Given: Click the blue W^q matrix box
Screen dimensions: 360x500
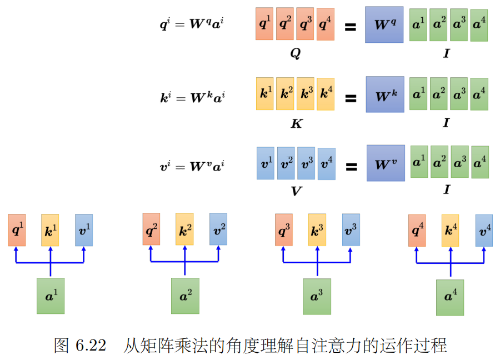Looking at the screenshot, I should coord(384,25).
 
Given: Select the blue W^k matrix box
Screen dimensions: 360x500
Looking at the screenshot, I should coord(385,94).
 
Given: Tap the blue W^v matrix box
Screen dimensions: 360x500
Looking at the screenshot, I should coord(386,163).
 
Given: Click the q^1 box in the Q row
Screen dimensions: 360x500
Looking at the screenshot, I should coord(264,24).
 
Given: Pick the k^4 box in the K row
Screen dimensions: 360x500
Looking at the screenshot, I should coord(326,94).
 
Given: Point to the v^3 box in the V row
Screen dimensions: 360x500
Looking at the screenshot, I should coord(306,163).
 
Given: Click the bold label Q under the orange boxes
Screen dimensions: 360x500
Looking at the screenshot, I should coord(296,54).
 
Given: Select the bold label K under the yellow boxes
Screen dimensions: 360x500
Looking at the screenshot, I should coord(296,124).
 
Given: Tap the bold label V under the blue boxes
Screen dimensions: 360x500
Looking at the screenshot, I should coord(296,192).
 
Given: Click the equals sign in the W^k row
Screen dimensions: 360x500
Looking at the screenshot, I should coord(351,98).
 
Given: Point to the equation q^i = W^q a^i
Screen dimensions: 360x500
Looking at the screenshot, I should coord(192,24).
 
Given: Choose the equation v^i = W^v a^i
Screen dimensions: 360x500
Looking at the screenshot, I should coord(192,165).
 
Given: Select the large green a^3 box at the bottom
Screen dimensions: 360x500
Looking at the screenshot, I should coord(317,296).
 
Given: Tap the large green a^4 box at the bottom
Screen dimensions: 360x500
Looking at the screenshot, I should coord(450,297).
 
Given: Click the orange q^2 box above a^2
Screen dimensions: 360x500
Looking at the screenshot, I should coord(151,229).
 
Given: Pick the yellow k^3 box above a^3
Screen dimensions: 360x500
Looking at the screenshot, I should coord(317,229).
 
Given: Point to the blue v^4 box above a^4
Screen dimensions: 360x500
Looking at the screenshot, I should coord(484,230).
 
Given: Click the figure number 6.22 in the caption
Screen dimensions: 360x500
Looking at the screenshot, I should coord(89,345).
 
